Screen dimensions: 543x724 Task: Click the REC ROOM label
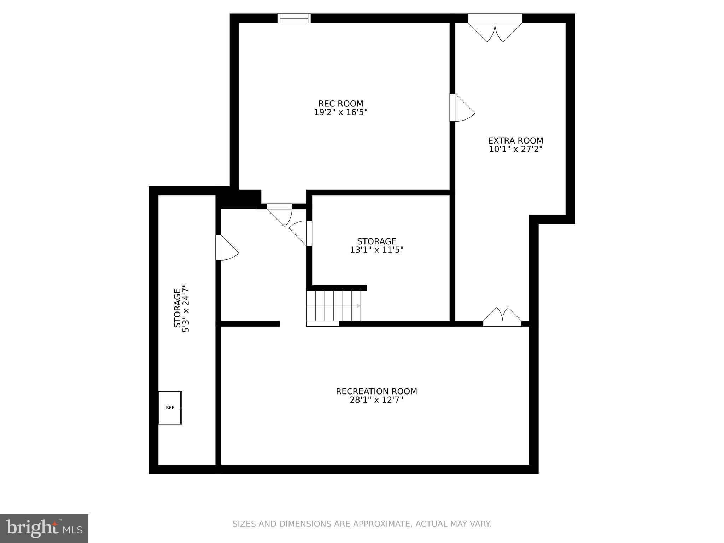click(340, 104)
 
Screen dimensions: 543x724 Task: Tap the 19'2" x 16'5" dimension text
click(340, 112)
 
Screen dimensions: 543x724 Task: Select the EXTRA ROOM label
click(515, 141)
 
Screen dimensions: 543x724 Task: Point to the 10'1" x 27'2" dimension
click(515, 149)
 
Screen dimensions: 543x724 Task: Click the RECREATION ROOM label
click(376, 391)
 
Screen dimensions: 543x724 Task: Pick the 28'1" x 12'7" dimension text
click(376, 400)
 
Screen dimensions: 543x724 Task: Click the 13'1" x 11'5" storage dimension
click(376, 250)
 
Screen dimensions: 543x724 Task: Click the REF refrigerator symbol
click(170, 408)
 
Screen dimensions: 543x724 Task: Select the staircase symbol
click(334, 305)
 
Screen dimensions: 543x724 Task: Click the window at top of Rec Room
click(294, 18)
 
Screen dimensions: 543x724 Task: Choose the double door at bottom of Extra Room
click(502, 317)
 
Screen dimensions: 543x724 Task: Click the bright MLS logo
click(44, 528)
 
